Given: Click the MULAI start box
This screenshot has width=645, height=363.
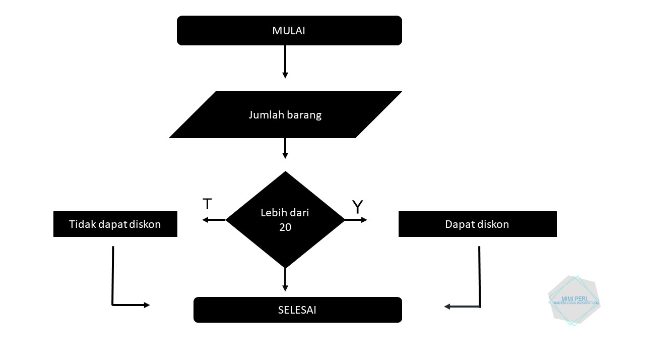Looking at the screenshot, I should point(289,31).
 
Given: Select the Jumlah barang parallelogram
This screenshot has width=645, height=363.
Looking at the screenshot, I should point(285,114).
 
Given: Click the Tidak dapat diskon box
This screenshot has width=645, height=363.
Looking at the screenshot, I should point(115,224).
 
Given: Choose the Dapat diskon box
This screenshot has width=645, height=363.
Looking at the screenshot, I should point(477,224).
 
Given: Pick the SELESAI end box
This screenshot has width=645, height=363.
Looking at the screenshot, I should point(297,310).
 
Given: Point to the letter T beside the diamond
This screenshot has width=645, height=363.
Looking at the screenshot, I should point(207,204).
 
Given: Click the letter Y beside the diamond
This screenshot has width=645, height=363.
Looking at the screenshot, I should point(357,207).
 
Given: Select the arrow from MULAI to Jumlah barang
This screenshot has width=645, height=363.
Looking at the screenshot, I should point(285,62).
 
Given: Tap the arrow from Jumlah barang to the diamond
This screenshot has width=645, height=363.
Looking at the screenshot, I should point(285,148).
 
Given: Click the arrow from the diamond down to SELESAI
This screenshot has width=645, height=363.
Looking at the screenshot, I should point(285,279).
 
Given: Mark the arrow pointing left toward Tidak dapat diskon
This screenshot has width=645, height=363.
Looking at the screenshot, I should point(214,220).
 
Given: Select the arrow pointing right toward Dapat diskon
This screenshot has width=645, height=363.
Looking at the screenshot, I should point(356,220).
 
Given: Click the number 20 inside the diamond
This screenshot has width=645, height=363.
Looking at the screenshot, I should point(285,227).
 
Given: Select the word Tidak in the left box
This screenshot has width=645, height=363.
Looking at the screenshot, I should point(82,224).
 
